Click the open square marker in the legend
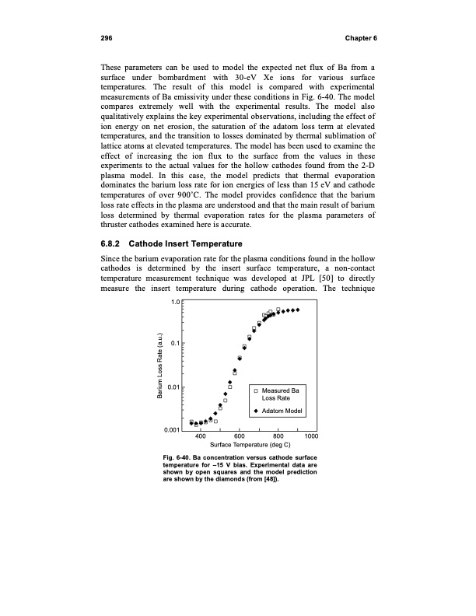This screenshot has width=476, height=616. pos(257,390)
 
